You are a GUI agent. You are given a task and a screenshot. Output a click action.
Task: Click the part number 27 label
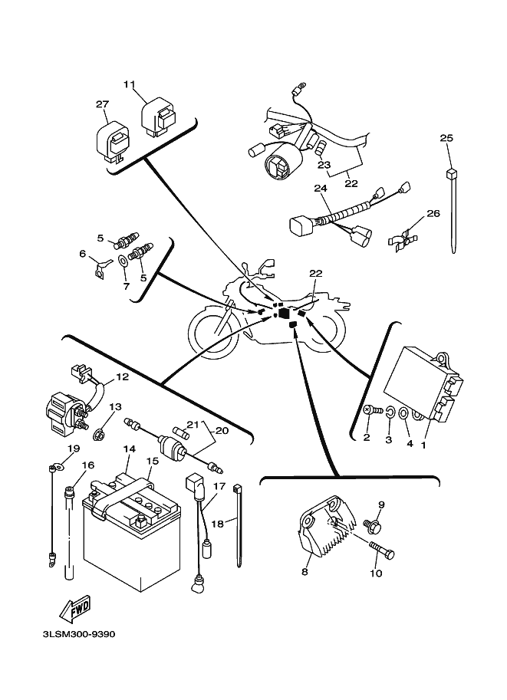point(103,104)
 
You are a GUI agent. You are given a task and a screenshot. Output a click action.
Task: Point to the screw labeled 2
point(370,411)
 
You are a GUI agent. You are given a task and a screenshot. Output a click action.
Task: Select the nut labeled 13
point(99,435)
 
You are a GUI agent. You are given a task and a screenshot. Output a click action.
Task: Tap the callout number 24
point(320,187)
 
